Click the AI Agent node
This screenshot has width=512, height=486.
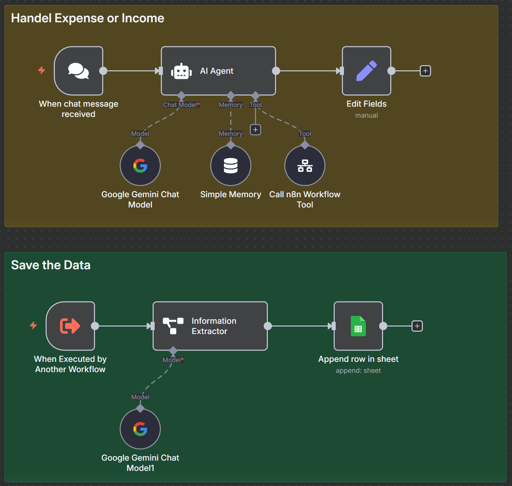pos(218,71)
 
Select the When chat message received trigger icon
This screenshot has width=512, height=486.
pos(79,71)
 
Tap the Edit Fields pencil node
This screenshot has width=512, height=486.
pos(366,71)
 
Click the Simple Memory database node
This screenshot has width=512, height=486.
pos(230,166)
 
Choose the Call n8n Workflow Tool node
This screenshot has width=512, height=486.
pos(305,166)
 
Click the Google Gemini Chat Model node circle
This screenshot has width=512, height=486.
pos(140,166)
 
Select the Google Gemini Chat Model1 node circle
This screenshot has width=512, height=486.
pos(140,429)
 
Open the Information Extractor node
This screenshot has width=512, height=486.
pos(210,326)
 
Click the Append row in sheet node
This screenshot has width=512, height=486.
pos(358,326)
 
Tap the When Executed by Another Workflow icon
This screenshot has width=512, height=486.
pos(70,326)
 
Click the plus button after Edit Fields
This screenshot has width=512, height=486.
pos(425,71)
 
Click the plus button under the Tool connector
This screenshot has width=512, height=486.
pos(255,130)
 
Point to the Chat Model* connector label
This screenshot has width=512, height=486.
pos(181,105)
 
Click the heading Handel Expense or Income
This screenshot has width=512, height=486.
pos(87,18)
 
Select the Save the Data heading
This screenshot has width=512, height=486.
pos(51,265)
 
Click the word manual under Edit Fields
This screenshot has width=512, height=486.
pos(366,116)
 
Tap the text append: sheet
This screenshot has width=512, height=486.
pos(358,371)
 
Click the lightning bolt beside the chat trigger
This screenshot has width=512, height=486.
pos(41,70)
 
